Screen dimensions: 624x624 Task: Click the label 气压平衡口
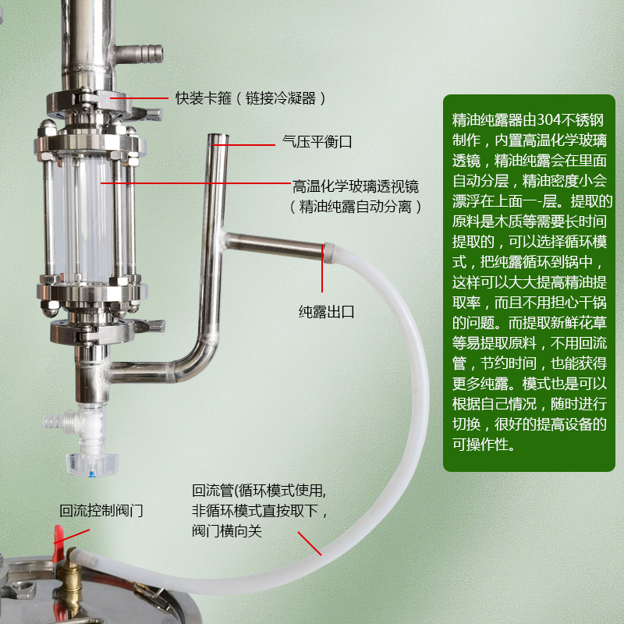pyautogui.click(x=317, y=142)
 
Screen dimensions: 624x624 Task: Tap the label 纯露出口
pyautogui.click(x=326, y=311)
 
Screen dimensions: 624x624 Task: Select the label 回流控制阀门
pyautogui.click(x=101, y=510)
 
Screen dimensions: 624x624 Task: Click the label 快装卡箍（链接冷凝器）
pyautogui.click(x=250, y=98)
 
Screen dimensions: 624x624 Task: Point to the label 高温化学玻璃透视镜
pyautogui.click(x=356, y=186)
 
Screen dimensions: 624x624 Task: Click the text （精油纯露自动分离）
pyautogui.click(x=356, y=207)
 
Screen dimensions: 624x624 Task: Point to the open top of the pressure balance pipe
pyautogui.click(x=218, y=136)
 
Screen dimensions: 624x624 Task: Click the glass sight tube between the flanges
pyautogui.click(x=86, y=219)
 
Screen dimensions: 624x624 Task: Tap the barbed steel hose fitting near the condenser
pyautogui.click(x=140, y=54)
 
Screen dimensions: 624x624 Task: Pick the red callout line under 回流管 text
pyautogui.click(x=310, y=543)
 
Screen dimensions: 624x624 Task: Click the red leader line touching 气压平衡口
pyautogui.click(x=243, y=145)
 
